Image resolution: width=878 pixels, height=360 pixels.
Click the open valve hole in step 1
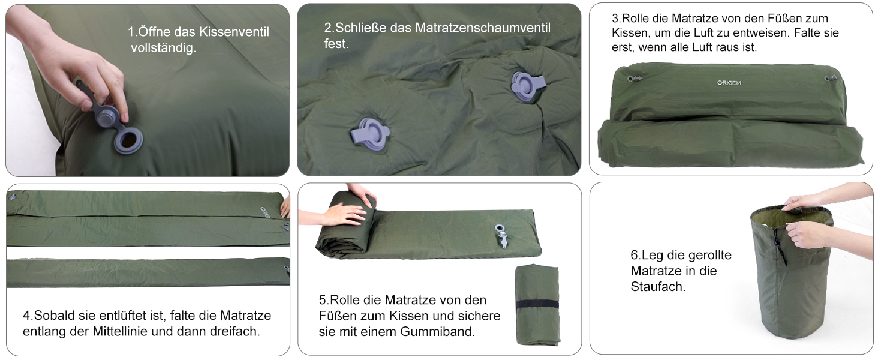click(x=128, y=140)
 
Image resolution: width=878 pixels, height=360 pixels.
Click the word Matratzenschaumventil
click(x=483, y=28)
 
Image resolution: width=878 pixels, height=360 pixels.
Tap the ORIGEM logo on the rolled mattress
click(x=729, y=83)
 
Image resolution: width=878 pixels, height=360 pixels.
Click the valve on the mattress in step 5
click(x=501, y=236)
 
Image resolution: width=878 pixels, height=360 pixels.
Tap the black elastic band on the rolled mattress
click(x=537, y=305)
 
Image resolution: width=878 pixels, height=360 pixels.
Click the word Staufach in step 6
click(x=658, y=287)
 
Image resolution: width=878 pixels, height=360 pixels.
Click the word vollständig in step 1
click(x=164, y=48)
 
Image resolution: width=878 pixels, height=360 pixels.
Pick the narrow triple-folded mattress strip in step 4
click(x=148, y=272)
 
